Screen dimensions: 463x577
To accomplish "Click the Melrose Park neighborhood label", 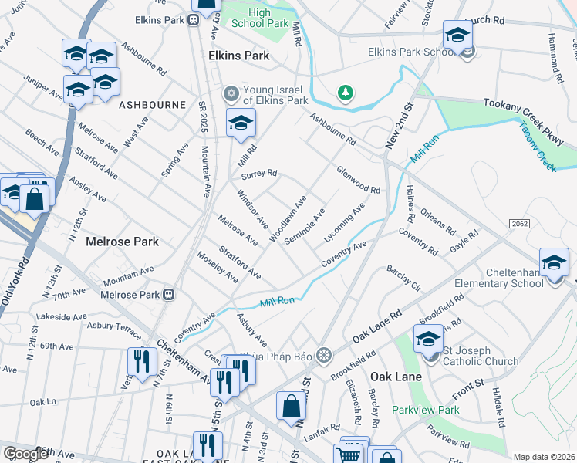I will [123, 242].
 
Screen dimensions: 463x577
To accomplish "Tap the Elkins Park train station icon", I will [191, 20].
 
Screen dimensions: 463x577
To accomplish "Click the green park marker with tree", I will [346, 93].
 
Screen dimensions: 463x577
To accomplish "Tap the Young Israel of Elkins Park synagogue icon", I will [230, 93].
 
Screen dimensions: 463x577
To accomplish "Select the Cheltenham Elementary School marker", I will [554, 263].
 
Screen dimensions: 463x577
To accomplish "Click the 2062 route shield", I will [519, 223].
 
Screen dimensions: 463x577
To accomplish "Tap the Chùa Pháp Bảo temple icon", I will [324, 355].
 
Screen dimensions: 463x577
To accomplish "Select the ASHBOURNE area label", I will [152, 104].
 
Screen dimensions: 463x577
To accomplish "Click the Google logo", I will [25, 454].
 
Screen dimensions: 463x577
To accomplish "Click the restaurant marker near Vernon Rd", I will [141, 361].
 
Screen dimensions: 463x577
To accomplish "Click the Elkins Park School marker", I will [457, 36].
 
